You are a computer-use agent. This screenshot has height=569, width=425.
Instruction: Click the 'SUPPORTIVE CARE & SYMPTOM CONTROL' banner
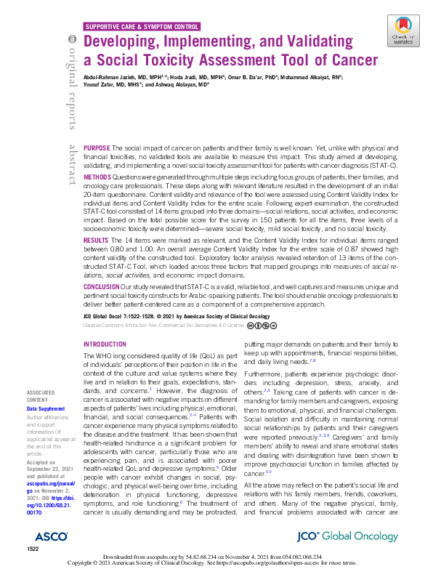click(142, 25)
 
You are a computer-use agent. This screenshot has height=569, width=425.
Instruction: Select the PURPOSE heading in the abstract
click(97, 148)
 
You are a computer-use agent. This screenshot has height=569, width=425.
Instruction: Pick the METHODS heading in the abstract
click(97, 177)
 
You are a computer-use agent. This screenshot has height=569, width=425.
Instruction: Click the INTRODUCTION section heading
click(105, 344)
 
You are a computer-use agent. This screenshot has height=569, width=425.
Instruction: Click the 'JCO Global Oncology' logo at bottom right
click(359, 536)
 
